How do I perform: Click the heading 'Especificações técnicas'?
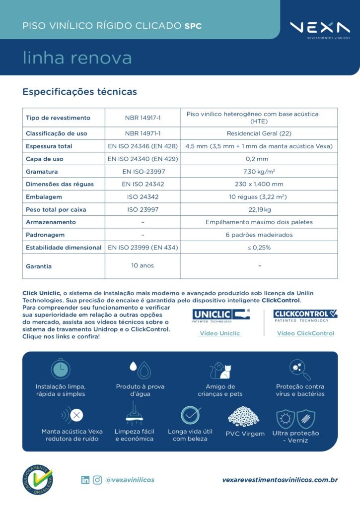[79, 92]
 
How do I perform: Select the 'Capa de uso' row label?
[45, 159]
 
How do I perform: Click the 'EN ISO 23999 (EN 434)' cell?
[143, 248]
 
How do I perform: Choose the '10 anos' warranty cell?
[143, 265]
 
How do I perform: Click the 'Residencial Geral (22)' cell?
[259, 133]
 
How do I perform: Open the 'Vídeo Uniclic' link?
[219, 333]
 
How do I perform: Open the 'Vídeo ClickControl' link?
[305, 333]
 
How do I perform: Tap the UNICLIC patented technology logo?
[221, 316]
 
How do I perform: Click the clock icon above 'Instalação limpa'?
[60, 369]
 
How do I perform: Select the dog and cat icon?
[220, 370]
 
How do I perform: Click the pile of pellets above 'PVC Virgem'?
[243, 417]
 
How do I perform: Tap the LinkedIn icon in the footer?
[85, 480]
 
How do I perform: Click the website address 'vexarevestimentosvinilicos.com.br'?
[280, 480]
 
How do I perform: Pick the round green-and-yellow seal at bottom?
[38, 479]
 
